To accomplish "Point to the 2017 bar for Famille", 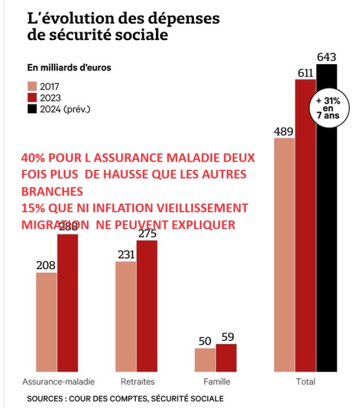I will [x=205, y=359].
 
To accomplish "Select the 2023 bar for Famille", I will [x=226, y=357].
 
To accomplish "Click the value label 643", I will [x=327, y=56].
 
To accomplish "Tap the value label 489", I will [x=284, y=130].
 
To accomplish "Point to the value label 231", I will [x=126, y=254].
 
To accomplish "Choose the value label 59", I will [x=226, y=337].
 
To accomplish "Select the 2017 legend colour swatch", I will [x=33, y=86].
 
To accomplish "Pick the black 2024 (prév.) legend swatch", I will [x=33, y=108].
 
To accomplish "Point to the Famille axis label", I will [x=216, y=382].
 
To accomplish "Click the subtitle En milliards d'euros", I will [x=69, y=67].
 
